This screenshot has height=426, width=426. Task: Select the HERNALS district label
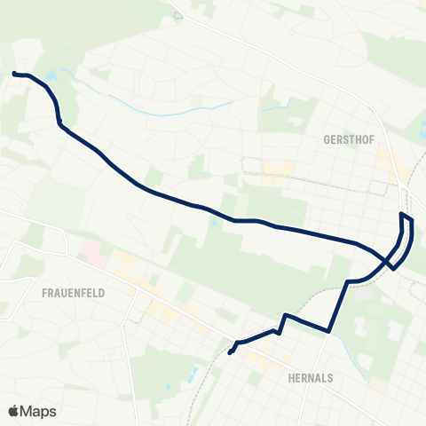point(311,377)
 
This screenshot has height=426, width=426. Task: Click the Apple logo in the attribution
point(14,411)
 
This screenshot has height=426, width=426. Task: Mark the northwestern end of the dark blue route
point(14,73)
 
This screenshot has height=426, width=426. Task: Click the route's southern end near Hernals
point(230,352)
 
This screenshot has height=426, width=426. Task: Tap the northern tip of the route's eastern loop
point(403,215)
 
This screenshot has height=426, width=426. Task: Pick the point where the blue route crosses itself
point(388,261)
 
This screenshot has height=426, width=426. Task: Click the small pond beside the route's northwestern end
point(51,77)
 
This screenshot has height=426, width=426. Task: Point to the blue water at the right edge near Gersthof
point(422,135)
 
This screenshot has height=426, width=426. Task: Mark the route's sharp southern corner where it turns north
point(328,331)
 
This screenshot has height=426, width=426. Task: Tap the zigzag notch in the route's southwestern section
point(281,323)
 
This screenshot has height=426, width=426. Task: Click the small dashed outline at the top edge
point(178,14)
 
